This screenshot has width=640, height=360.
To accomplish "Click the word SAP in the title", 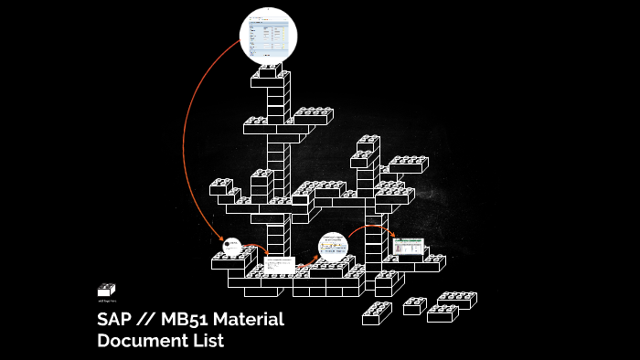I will [x=113, y=321].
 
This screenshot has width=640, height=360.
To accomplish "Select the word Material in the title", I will [x=251, y=321].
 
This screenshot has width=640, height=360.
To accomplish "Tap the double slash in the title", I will [x=146, y=321].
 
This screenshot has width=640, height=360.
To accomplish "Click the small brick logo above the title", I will [x=106, y=290].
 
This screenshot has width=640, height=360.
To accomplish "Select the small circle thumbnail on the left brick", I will [x=231, y=246].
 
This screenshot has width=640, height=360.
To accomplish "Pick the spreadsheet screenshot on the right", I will [x=407, y=247].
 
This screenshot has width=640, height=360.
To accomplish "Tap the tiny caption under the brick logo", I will [x=106, y=301].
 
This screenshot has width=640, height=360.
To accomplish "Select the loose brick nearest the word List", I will [x=377, y=313].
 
